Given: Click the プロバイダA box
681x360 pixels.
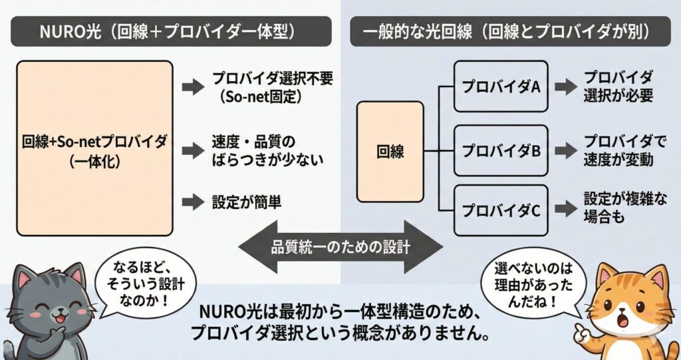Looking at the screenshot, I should [501, 87].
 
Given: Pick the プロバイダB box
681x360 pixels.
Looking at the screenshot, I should [501, 150].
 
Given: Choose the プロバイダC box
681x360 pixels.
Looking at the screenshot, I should [501, 212].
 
